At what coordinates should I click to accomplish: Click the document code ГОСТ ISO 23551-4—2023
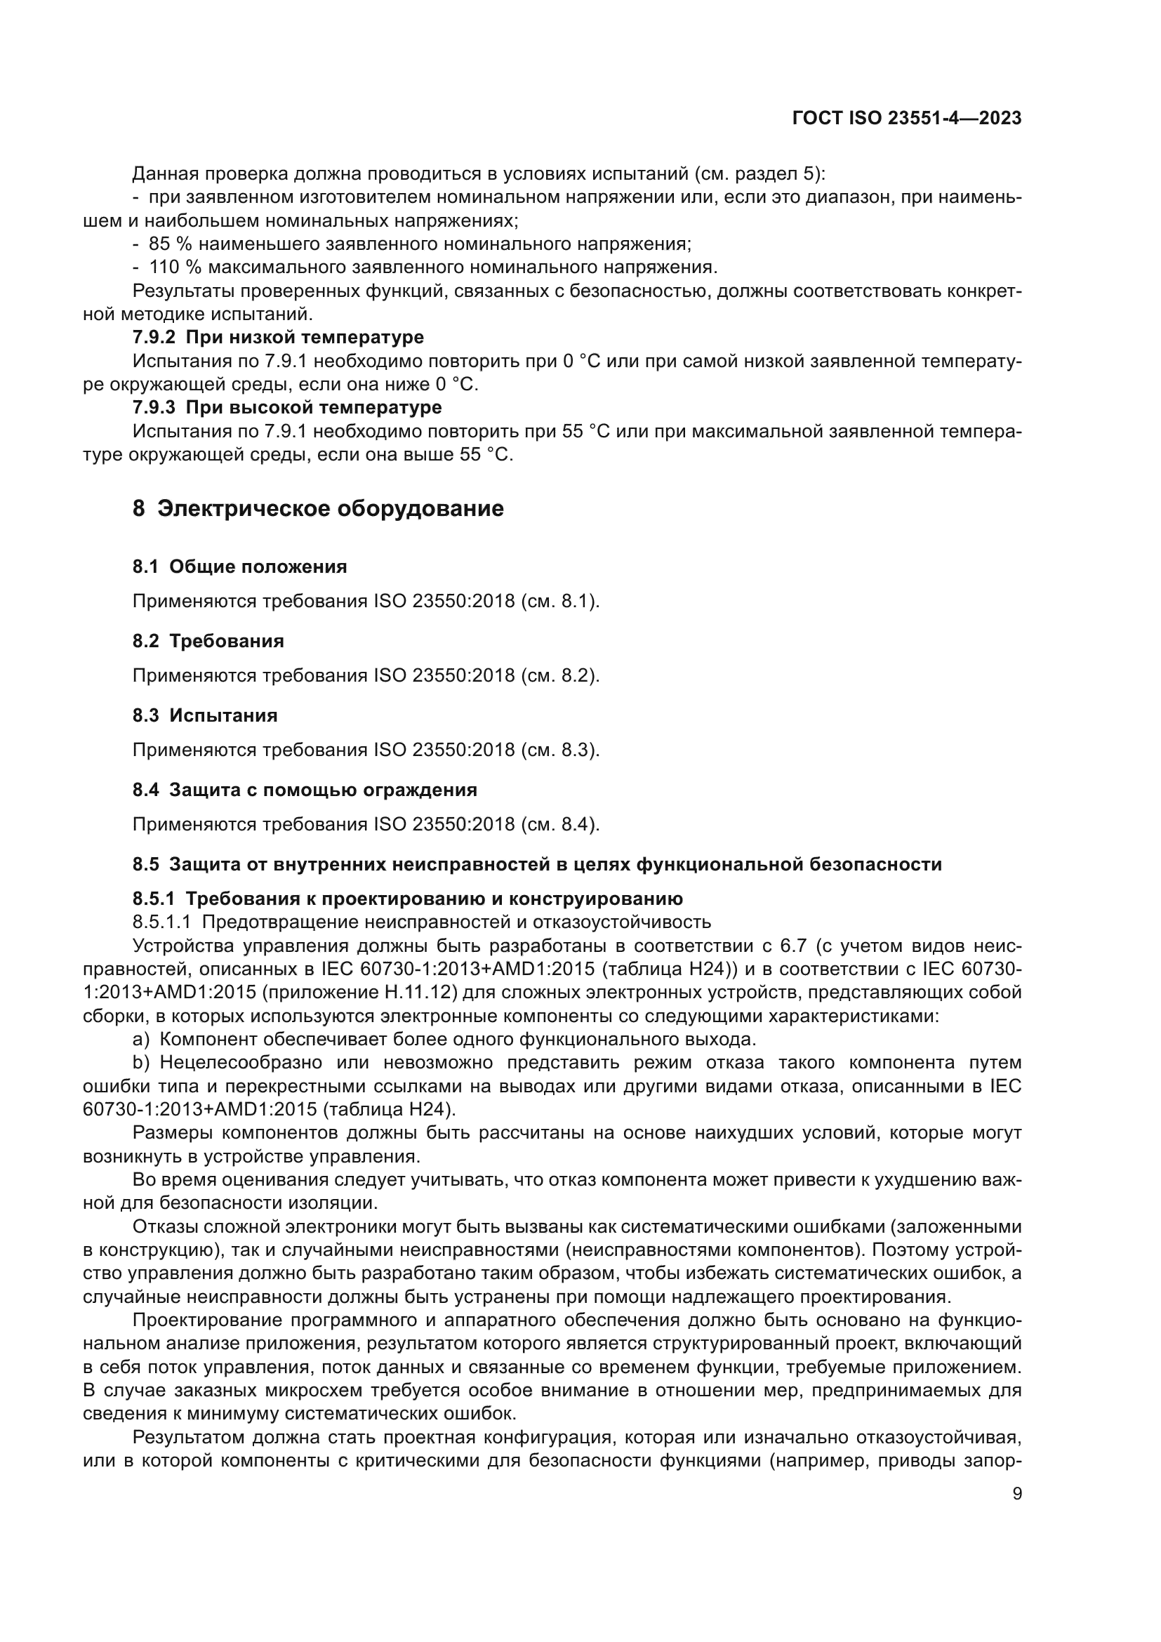click(x=906, y=119)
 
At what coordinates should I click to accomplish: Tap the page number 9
click(x=1017, y=1494)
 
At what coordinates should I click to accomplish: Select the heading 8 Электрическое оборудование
click(x=318, y=508)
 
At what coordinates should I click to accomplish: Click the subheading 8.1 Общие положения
click(x=239, y=567)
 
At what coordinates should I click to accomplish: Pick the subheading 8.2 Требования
click(x=208, y=642)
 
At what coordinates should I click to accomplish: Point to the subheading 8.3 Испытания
click(x=205, y=716)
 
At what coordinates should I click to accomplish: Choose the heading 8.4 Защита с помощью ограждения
click(x=305, y=790)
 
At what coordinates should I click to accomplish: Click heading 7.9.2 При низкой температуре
click(x=278, y=337)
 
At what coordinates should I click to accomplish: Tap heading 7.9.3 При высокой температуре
click(x=286, y=408)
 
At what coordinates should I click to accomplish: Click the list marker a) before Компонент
click(x=141, y=1039)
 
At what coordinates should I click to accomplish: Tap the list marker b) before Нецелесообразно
click(x=141, y=1063)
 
